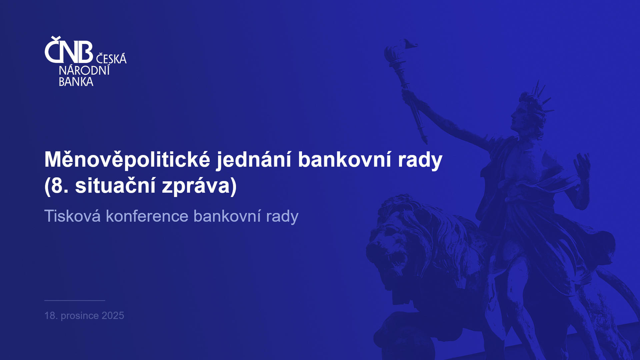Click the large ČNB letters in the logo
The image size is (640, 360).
(69, 50)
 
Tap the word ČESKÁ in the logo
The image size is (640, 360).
(111, 59)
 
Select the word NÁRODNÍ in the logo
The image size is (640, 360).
(84, 70)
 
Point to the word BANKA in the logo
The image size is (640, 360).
(76, 82)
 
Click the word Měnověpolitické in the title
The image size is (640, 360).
(127, 160)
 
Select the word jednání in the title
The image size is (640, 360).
(254, 160)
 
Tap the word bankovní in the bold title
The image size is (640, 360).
(345, 159)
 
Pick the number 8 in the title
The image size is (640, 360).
(57, 186)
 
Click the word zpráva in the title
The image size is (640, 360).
(196, 186)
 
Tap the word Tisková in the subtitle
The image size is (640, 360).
(73, 216)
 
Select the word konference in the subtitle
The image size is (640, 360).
(147, 216)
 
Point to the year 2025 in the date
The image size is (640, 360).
(113, 316)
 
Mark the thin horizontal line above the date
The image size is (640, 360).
(75, 300)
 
